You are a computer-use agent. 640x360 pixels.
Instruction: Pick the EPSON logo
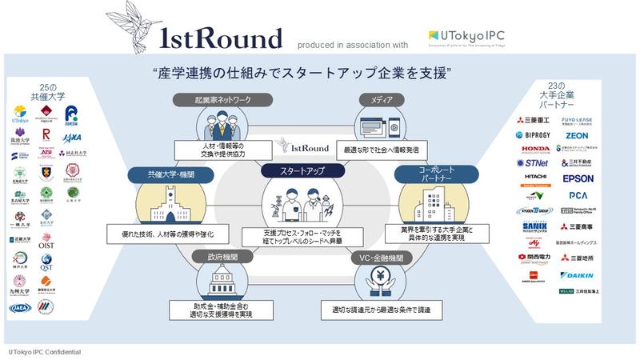[x=578, y=178]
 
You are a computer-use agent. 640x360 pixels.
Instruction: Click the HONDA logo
[x=535, y=150]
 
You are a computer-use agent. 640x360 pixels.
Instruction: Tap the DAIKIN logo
[x=578, y=275]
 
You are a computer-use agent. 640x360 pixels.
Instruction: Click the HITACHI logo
[x=535, y=178]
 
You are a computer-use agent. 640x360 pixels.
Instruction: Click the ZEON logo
[x=577, y=136]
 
